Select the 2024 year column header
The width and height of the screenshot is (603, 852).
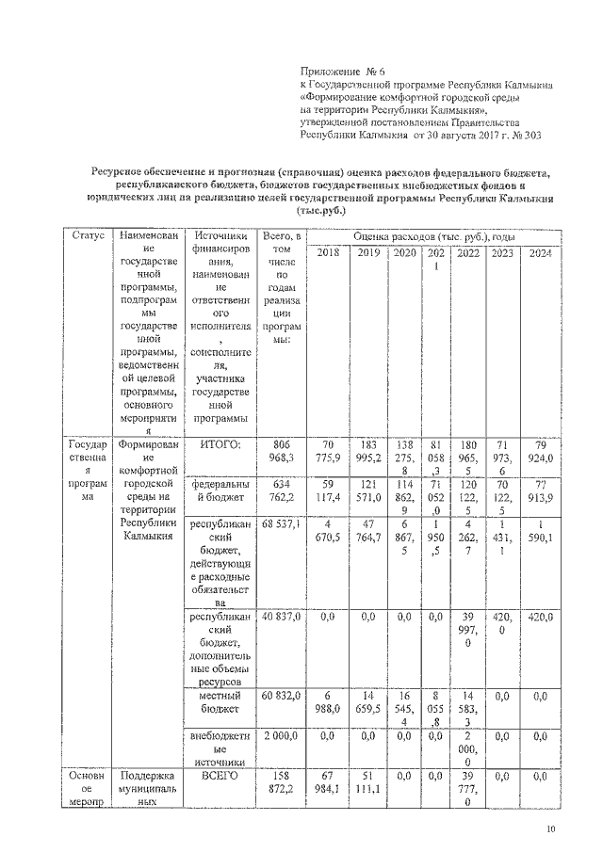point(540,253)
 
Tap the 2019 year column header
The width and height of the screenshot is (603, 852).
point(367,253)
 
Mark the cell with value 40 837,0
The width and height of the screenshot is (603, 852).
point(283,618)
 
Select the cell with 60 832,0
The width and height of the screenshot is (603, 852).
point(283,696)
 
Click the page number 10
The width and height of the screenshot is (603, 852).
point(551,829)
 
